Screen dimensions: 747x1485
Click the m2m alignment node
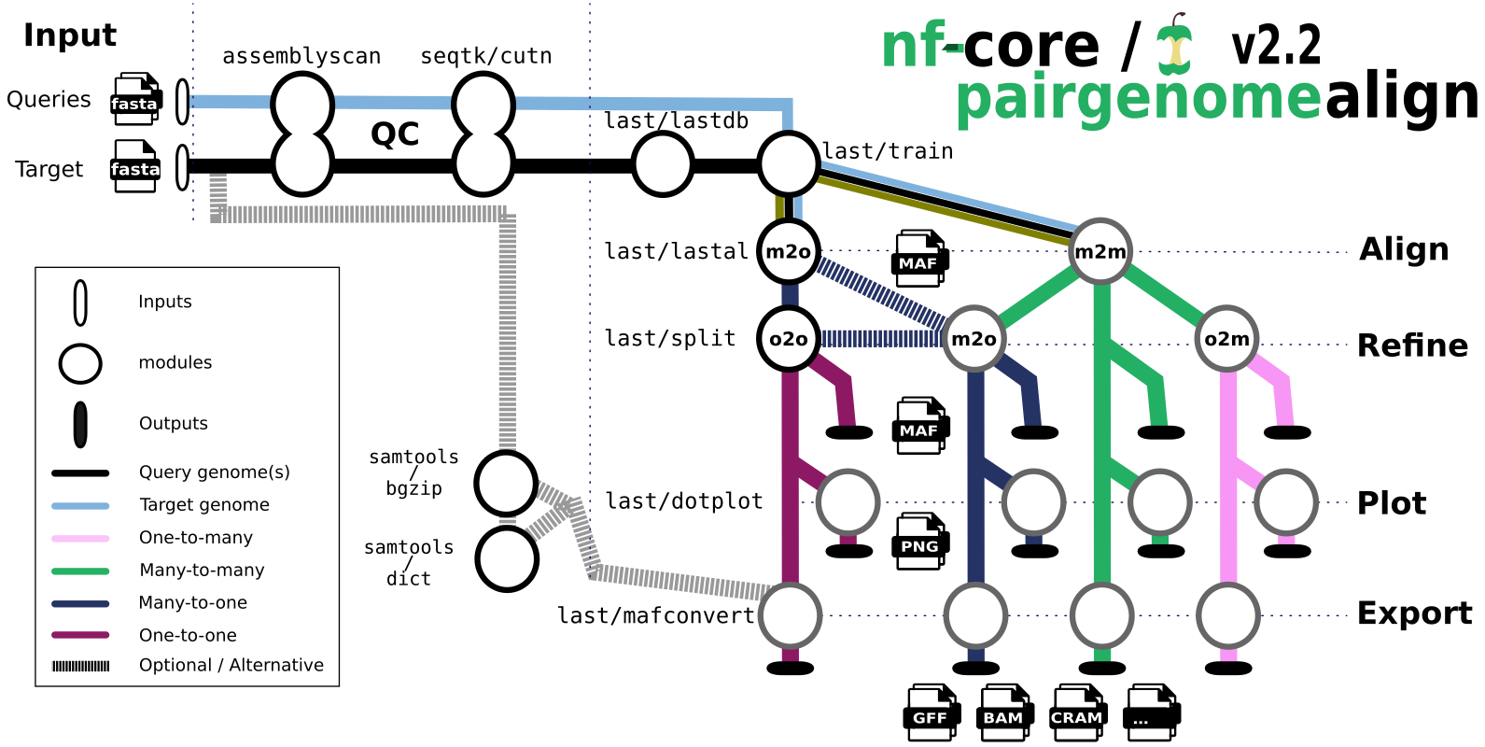pos(1100,251)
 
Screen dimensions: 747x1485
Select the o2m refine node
pos(1226,339)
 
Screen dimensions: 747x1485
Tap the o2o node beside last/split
pos(789,339)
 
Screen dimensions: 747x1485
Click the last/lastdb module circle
pos(663,164)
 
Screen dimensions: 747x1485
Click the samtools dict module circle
pos(507,559)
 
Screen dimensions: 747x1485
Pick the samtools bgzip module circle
pos(506,483)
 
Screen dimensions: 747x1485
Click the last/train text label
pos(888,151)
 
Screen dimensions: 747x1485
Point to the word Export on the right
pos(1414,613)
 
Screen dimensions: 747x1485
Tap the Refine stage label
pos(1412,345)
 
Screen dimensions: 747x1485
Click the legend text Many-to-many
pos(202,570)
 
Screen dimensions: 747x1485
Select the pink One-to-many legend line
pos(80,538)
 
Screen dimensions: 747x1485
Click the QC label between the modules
pos(395,134)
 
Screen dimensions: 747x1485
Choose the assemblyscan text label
pos(301,57)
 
